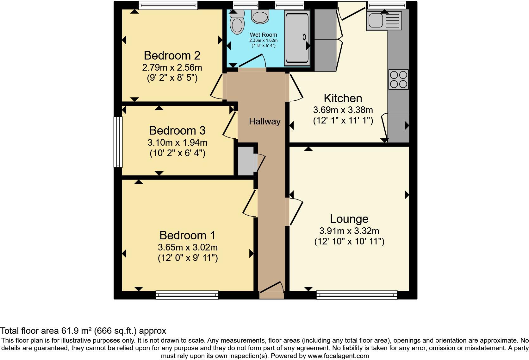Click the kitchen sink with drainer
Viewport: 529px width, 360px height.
(x=384, y=21)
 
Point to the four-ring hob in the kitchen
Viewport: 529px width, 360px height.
(x=398, y=79)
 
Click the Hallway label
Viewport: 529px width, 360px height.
(x=264, y=122)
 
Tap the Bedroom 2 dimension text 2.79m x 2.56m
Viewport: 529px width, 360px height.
(x=172, y=67)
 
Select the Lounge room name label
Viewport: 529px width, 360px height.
(x=349, y=219)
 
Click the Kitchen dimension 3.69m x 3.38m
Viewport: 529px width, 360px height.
(x=343, y=110)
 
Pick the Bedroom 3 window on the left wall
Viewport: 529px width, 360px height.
(x=118, y=142)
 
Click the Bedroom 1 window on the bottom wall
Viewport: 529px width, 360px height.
(x=187, y=295)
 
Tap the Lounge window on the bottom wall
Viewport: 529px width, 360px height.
(x=357, y=295)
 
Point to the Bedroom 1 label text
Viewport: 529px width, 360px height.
(x=187, y=235)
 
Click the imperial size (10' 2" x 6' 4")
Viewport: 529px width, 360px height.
(x=177, y=153)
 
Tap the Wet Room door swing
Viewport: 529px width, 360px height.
(x=252, y=61)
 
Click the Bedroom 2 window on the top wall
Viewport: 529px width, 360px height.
(x=168, y=5)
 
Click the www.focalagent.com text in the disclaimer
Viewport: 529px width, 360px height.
(x=338, y=356)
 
